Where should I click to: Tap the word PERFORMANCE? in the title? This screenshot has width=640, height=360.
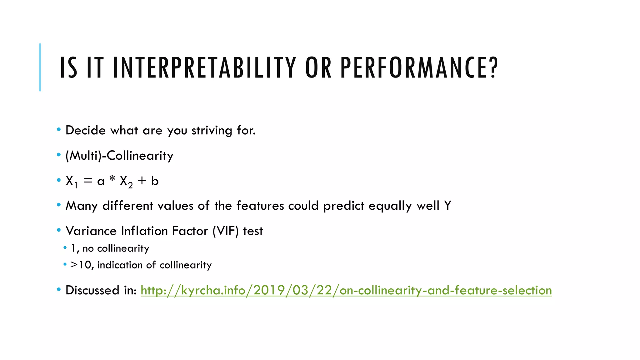419,67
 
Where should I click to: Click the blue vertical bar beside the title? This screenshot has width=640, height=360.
40,67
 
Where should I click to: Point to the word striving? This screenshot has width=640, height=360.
212,131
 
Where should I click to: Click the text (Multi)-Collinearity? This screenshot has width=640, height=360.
119,156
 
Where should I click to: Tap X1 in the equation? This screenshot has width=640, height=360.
71,181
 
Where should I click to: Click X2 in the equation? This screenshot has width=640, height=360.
126,181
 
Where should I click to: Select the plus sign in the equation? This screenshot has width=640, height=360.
142,180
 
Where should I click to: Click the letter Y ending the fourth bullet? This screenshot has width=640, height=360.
447,206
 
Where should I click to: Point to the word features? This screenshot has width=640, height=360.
260,206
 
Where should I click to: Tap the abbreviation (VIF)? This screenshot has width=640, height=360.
225,231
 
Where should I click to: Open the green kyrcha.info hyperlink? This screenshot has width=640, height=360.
346,290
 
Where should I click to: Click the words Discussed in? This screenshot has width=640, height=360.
101,290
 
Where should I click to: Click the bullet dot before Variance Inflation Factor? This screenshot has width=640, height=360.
59,230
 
